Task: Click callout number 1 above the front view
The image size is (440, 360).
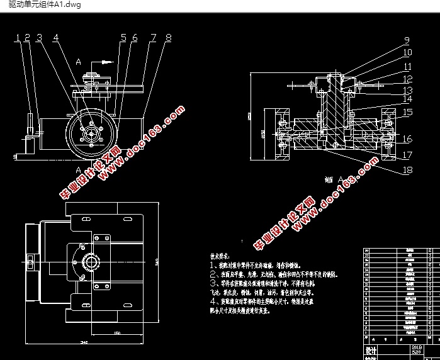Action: pos(18,38)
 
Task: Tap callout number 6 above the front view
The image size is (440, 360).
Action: pos(134,38)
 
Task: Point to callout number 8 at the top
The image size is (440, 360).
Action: pos(167,38)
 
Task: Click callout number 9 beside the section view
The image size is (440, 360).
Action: pos(407,41)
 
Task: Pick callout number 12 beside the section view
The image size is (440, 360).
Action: pos(407,79)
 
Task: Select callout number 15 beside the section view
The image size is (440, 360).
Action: pos(407,112)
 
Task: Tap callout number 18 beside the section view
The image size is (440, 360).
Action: pos(407,170)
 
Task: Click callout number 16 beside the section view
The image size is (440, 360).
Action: pos(407,139)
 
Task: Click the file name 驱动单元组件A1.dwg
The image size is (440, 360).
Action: pos(41,5)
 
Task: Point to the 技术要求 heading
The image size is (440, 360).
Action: pos(223,257)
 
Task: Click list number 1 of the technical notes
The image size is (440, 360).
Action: pos(213,266)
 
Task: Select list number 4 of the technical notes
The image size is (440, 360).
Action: pos(213,301)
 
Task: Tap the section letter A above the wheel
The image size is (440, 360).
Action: pos(77,62)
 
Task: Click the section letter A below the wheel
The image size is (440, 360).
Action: pos(77,170)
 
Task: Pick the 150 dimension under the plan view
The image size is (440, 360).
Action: pos(117,333)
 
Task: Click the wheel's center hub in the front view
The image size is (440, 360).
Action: pos(92,133)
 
